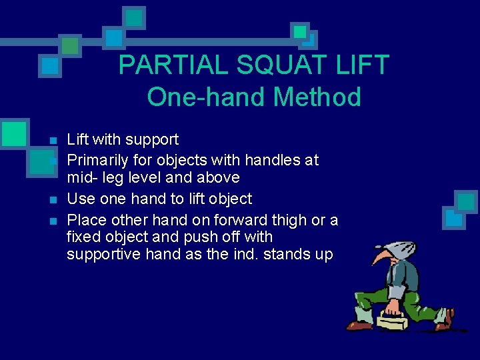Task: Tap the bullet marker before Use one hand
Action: click(53, 200)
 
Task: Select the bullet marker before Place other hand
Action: click(53, 221)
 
